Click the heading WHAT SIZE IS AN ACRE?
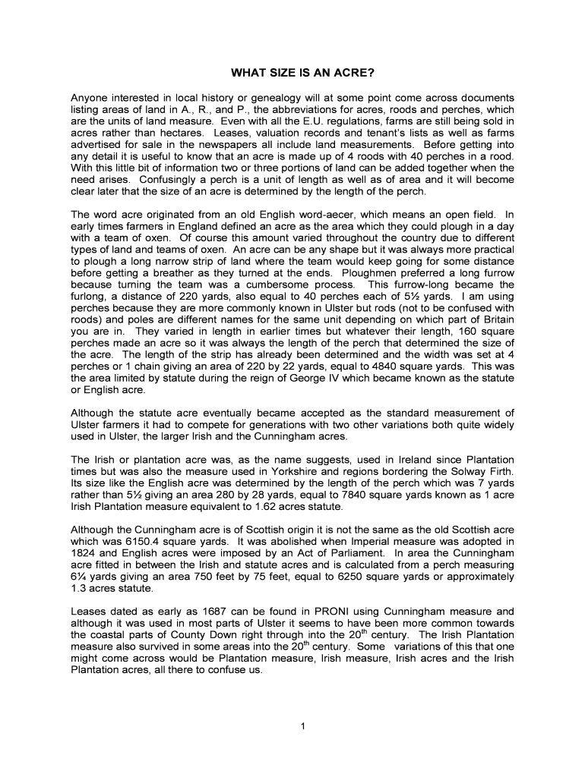[x=292, y=75]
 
